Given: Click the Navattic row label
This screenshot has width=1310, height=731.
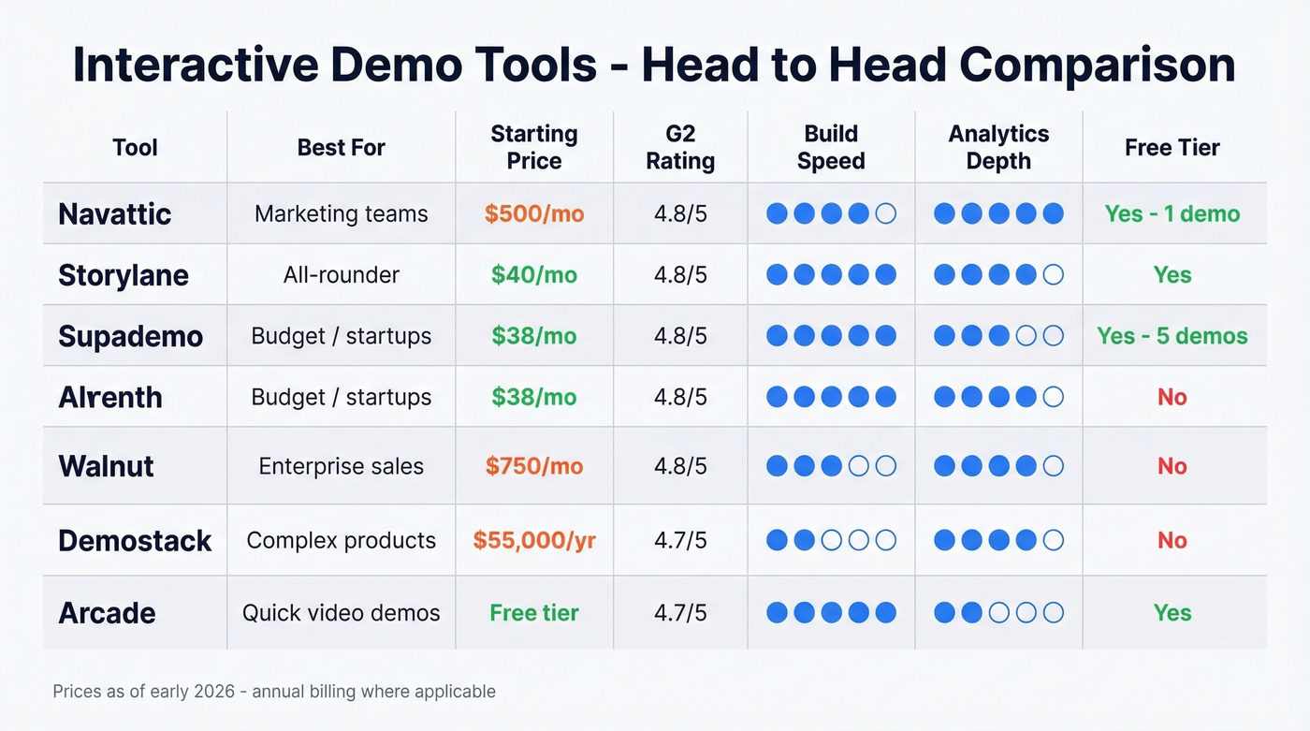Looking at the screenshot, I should pyautogui.click(x=114, y=213).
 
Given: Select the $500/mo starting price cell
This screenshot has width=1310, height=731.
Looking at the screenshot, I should pyautogui.click(x=534, y=213).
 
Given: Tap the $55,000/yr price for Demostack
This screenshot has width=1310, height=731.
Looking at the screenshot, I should pyautogui.click(x=534, y=540).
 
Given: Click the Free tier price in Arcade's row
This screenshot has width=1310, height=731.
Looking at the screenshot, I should pyautogui.click(x=534, y=613).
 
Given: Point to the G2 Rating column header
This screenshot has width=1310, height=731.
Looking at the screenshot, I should pyautogui.click(x=680, y=147).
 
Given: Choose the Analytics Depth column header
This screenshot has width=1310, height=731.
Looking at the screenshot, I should pyautogui.click(x=998, y=147).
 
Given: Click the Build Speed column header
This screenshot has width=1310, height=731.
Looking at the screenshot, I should pyautogui.click(x=831, y=147).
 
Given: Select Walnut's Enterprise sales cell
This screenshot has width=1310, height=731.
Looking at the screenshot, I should pyautogui.click(x=341, y=466).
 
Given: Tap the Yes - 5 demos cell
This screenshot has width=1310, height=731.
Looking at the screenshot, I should pyautogui.click(x=1172, y=336).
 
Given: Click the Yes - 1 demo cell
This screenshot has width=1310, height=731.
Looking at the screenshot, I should pyautogui.click(x=1172, y=213).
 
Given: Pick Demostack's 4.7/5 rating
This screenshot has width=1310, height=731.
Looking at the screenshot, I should pyautogui.click(x=680, y=540).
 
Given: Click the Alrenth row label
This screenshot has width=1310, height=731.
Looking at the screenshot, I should pyautogui.click(x=110, y=397).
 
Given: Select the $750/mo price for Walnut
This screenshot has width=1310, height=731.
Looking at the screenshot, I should pyautogui.click(x=534, y=466).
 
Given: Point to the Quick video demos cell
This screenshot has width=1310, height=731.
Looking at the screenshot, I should pyautogui.click(x=341, y=613).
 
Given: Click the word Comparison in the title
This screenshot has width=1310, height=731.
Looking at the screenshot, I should pyautogui.click(x=1098, y=66).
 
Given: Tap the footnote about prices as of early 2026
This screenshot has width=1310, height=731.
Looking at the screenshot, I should pyautogui.click(x=274, y=692).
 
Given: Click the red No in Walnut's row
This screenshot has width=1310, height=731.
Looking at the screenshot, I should pyautogui.click(x=1172, y=466).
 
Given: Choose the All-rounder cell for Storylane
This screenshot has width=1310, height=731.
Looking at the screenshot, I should pyautogui.click(x=341, y=275).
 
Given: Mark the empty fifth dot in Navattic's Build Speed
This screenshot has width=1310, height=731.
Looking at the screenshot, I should pyautogui.click(x=885, y=213).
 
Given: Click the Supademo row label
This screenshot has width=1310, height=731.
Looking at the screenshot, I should pyautogui.click(x=130, y=336).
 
